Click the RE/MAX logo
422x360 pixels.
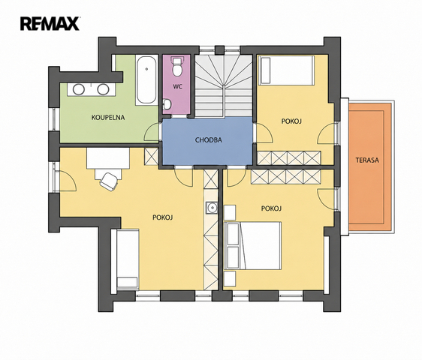click(x=50, y=24)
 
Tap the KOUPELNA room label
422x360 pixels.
click(x=108, y=118)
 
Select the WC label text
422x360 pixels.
click(x=177, y=86)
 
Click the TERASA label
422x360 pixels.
click(x=367, y=160)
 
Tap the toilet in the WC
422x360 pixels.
click(x=177, y=66)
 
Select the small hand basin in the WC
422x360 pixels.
click(x=167, y=104)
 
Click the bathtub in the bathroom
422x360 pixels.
click(x=146, y=79)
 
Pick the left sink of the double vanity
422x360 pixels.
click(x=79, y=89)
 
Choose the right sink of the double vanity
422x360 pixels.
click(x=103, y=89)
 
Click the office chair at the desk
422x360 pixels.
click(x=109, y=181)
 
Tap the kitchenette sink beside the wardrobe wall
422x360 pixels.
click(x=212, y=208)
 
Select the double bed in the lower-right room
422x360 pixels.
click(x=252, y=246)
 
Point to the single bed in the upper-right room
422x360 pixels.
click(x=286, y=70)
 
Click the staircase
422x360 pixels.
click(x=223, y=86)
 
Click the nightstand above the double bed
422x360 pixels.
click(x=230, y=212)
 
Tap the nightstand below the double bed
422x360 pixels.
click(x=230, y=278)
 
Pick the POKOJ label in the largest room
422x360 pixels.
click(x=162, y=217)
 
